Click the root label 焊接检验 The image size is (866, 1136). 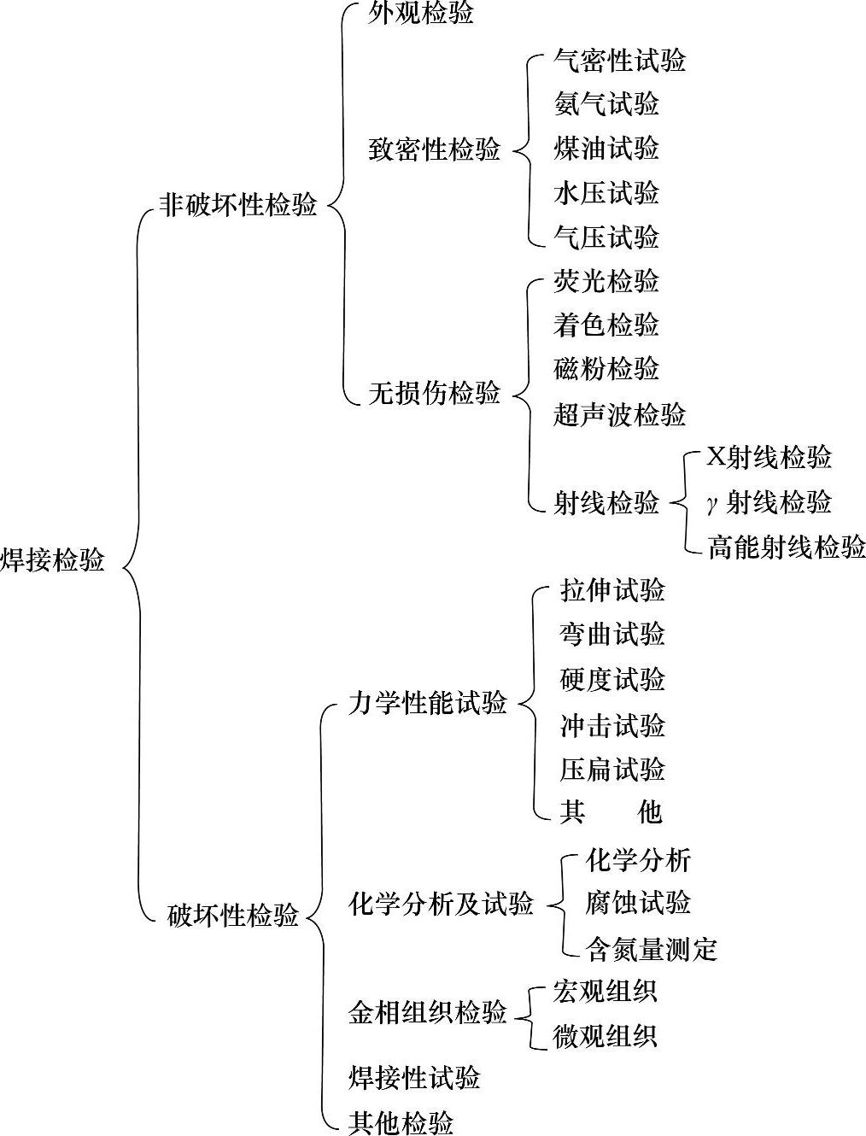point(53,560)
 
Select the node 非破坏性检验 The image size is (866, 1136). point(238,205)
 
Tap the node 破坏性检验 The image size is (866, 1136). point(233,916)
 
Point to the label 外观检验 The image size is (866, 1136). point(421,15)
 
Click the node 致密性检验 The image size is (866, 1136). point(435,150)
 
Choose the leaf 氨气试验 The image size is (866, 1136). point(606,104)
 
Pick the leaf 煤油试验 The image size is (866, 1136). point(606,149)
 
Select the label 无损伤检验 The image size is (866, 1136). point(435,394)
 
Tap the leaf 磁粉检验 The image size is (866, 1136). point(606,369)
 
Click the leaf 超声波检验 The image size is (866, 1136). point(620,415)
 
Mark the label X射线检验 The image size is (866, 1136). point(769,458)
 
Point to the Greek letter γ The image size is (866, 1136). point(712,503)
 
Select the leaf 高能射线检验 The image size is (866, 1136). point(787,547)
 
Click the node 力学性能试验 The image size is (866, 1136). point(428,703)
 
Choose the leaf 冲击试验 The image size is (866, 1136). point(612,726)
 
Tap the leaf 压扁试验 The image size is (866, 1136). point(612,770)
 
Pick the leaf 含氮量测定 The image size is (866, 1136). point(652,948)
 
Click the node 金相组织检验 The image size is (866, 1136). point(428,1013)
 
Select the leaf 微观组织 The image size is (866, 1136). point(606,1037)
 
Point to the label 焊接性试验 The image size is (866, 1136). point(414,1078)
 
